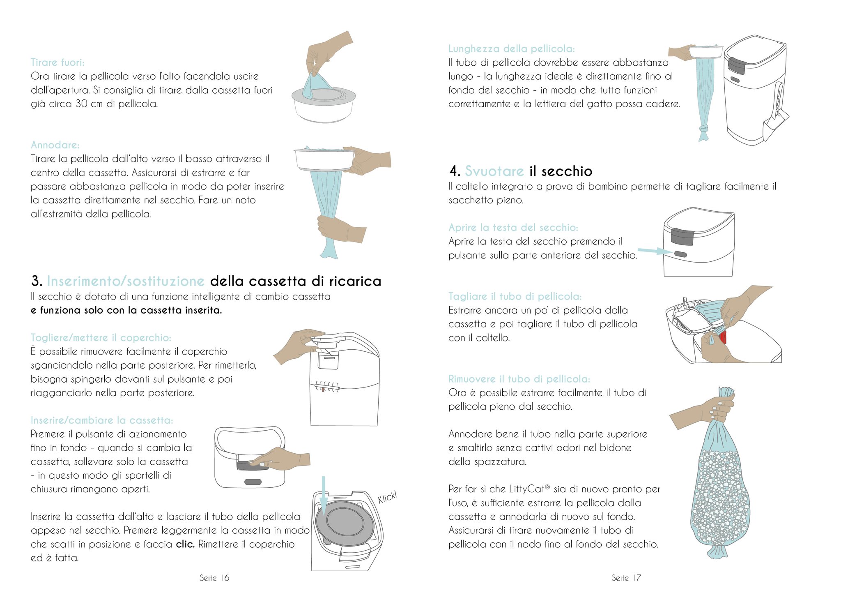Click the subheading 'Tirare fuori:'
tap(57, 62)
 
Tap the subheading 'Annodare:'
tap(55, 145)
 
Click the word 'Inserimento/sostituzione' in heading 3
tap(126, 281)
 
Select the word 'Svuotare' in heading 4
tap(494, 171)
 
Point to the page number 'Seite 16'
tap(214, 578)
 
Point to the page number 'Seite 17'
tap(626, 578)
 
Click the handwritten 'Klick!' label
tap(387, 497)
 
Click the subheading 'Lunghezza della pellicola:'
tap(512, 49)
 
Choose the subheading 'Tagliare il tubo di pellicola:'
tap(515, 297)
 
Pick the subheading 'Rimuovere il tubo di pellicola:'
tap(519, 379)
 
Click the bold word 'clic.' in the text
tap(185, 544)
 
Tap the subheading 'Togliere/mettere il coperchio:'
tap(101, 338)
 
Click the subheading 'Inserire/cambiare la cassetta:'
tap(102, 420)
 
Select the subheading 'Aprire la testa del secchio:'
tap(513, 228)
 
